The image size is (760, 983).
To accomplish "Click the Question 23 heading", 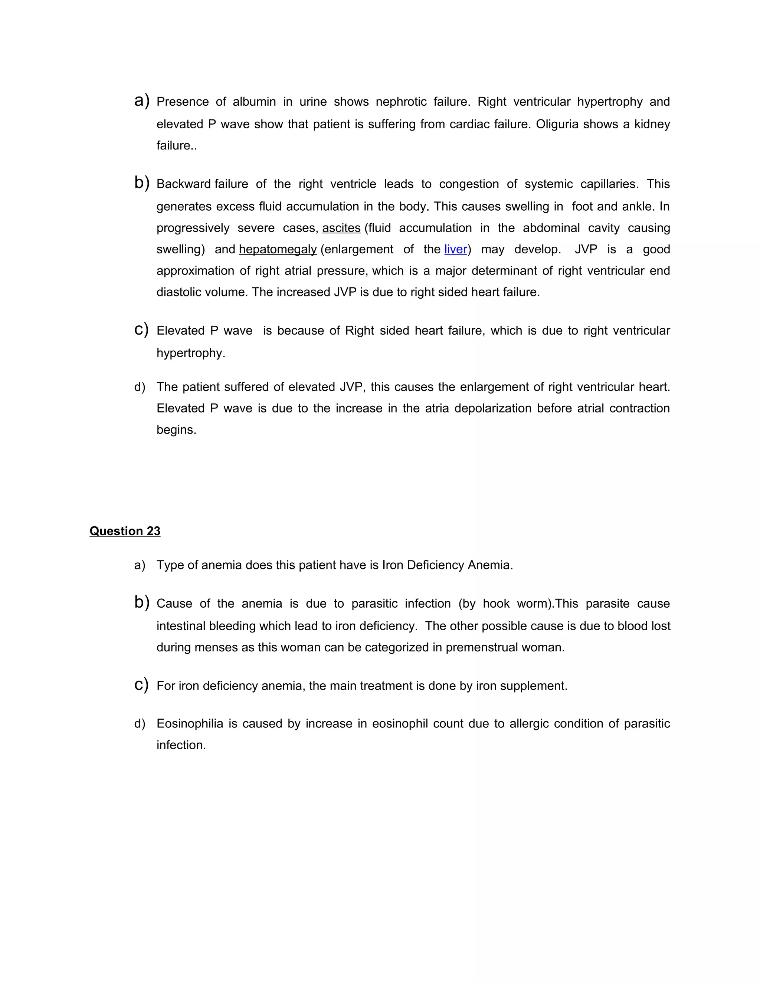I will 125,531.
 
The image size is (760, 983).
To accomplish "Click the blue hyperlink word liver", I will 455,249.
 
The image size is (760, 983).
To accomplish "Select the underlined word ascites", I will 341,228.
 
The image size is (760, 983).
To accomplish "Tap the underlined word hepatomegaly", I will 278,249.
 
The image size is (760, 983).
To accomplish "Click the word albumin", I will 254,102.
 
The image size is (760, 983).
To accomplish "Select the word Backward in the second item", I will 183,184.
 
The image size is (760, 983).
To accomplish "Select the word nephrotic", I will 401,102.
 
